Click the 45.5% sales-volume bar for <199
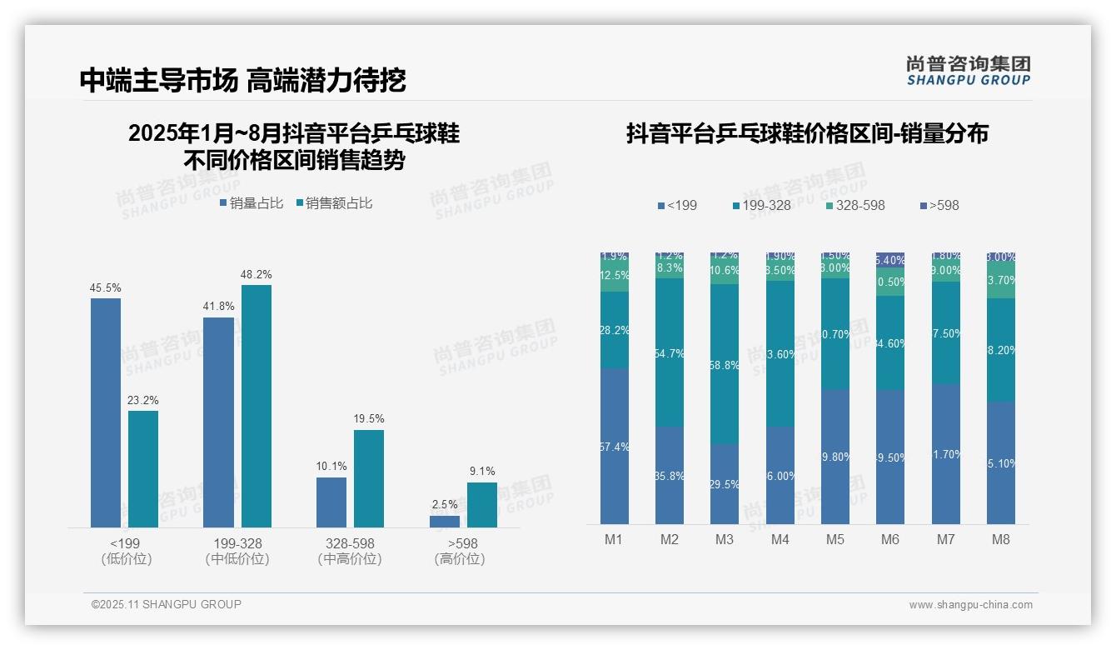coord(106,412)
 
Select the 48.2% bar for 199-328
coord(257,406)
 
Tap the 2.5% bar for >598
coord(445,522)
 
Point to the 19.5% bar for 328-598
coord(369,478)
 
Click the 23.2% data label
coord(143,401)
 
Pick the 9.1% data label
coord(482,472)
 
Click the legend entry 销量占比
coord(252,203)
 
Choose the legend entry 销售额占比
coord(334,203)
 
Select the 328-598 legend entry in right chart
coord(855,205)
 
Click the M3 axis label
coord(725,540)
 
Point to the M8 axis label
coord(1001,540)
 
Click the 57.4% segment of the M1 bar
coord(615,447)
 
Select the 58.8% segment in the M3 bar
coord(725,364)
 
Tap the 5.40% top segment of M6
coord(890,259)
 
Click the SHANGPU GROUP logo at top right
coord(969,71)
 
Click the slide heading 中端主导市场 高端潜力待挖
coord(242,80)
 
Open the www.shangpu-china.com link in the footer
coord(970,605)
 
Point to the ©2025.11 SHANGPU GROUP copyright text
coord(167,605)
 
